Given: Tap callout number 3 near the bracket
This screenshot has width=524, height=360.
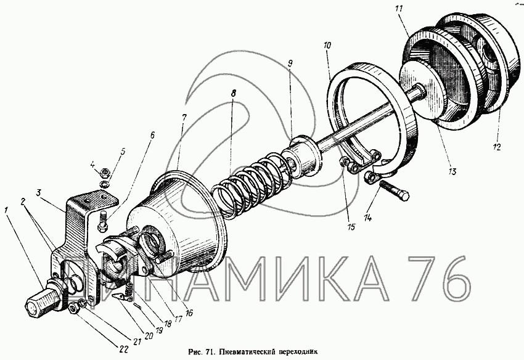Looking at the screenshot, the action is coord(39,193).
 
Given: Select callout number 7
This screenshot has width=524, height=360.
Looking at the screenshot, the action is coord(184,117).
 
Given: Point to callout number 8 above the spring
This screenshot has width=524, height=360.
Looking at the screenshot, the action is coord(233,93).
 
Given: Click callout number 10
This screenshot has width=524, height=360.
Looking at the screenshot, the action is coord(327,46).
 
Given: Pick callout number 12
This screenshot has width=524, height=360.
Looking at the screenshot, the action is coord(497,147).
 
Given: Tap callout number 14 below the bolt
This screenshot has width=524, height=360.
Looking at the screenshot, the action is coord(367,218).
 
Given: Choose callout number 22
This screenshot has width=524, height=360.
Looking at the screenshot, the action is coord(123,350).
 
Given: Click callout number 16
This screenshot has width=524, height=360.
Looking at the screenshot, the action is coord(189,313).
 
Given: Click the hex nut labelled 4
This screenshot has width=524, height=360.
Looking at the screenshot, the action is coord(104,173).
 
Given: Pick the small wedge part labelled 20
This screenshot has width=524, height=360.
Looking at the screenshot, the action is coord(120,296).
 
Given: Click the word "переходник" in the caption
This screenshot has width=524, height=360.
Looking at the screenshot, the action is coord(296,351).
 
